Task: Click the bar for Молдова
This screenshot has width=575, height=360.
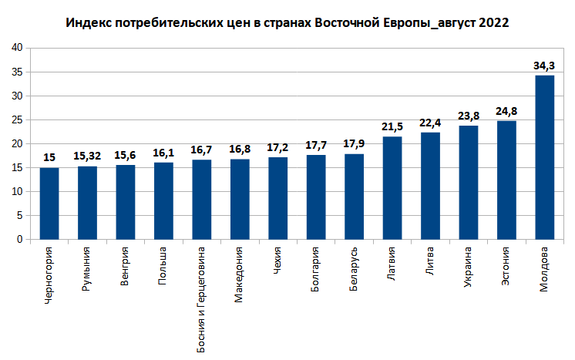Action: tap(545, 157)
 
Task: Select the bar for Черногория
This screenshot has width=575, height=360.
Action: tap(49, 204)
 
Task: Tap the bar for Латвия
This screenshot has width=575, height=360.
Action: tap(392, 188)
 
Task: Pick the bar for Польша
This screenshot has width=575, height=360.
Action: tap(163, 200)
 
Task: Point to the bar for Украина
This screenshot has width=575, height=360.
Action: tap(469, 183)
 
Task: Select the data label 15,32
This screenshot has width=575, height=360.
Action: tap(87, 156)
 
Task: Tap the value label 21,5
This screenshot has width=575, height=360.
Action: tap(392, 126)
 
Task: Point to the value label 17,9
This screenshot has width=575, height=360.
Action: tap(354, 144)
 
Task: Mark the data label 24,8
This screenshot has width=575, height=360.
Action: tap(506, 111)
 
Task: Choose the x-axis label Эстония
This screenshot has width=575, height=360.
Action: tap(506, 267)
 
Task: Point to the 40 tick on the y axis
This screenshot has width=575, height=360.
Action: tap(17, 48)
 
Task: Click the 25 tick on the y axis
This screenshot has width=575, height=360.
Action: tap(17, 120)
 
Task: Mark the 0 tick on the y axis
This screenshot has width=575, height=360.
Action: tap(20, 240)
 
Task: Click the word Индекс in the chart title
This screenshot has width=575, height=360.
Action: tap(88, 23)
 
